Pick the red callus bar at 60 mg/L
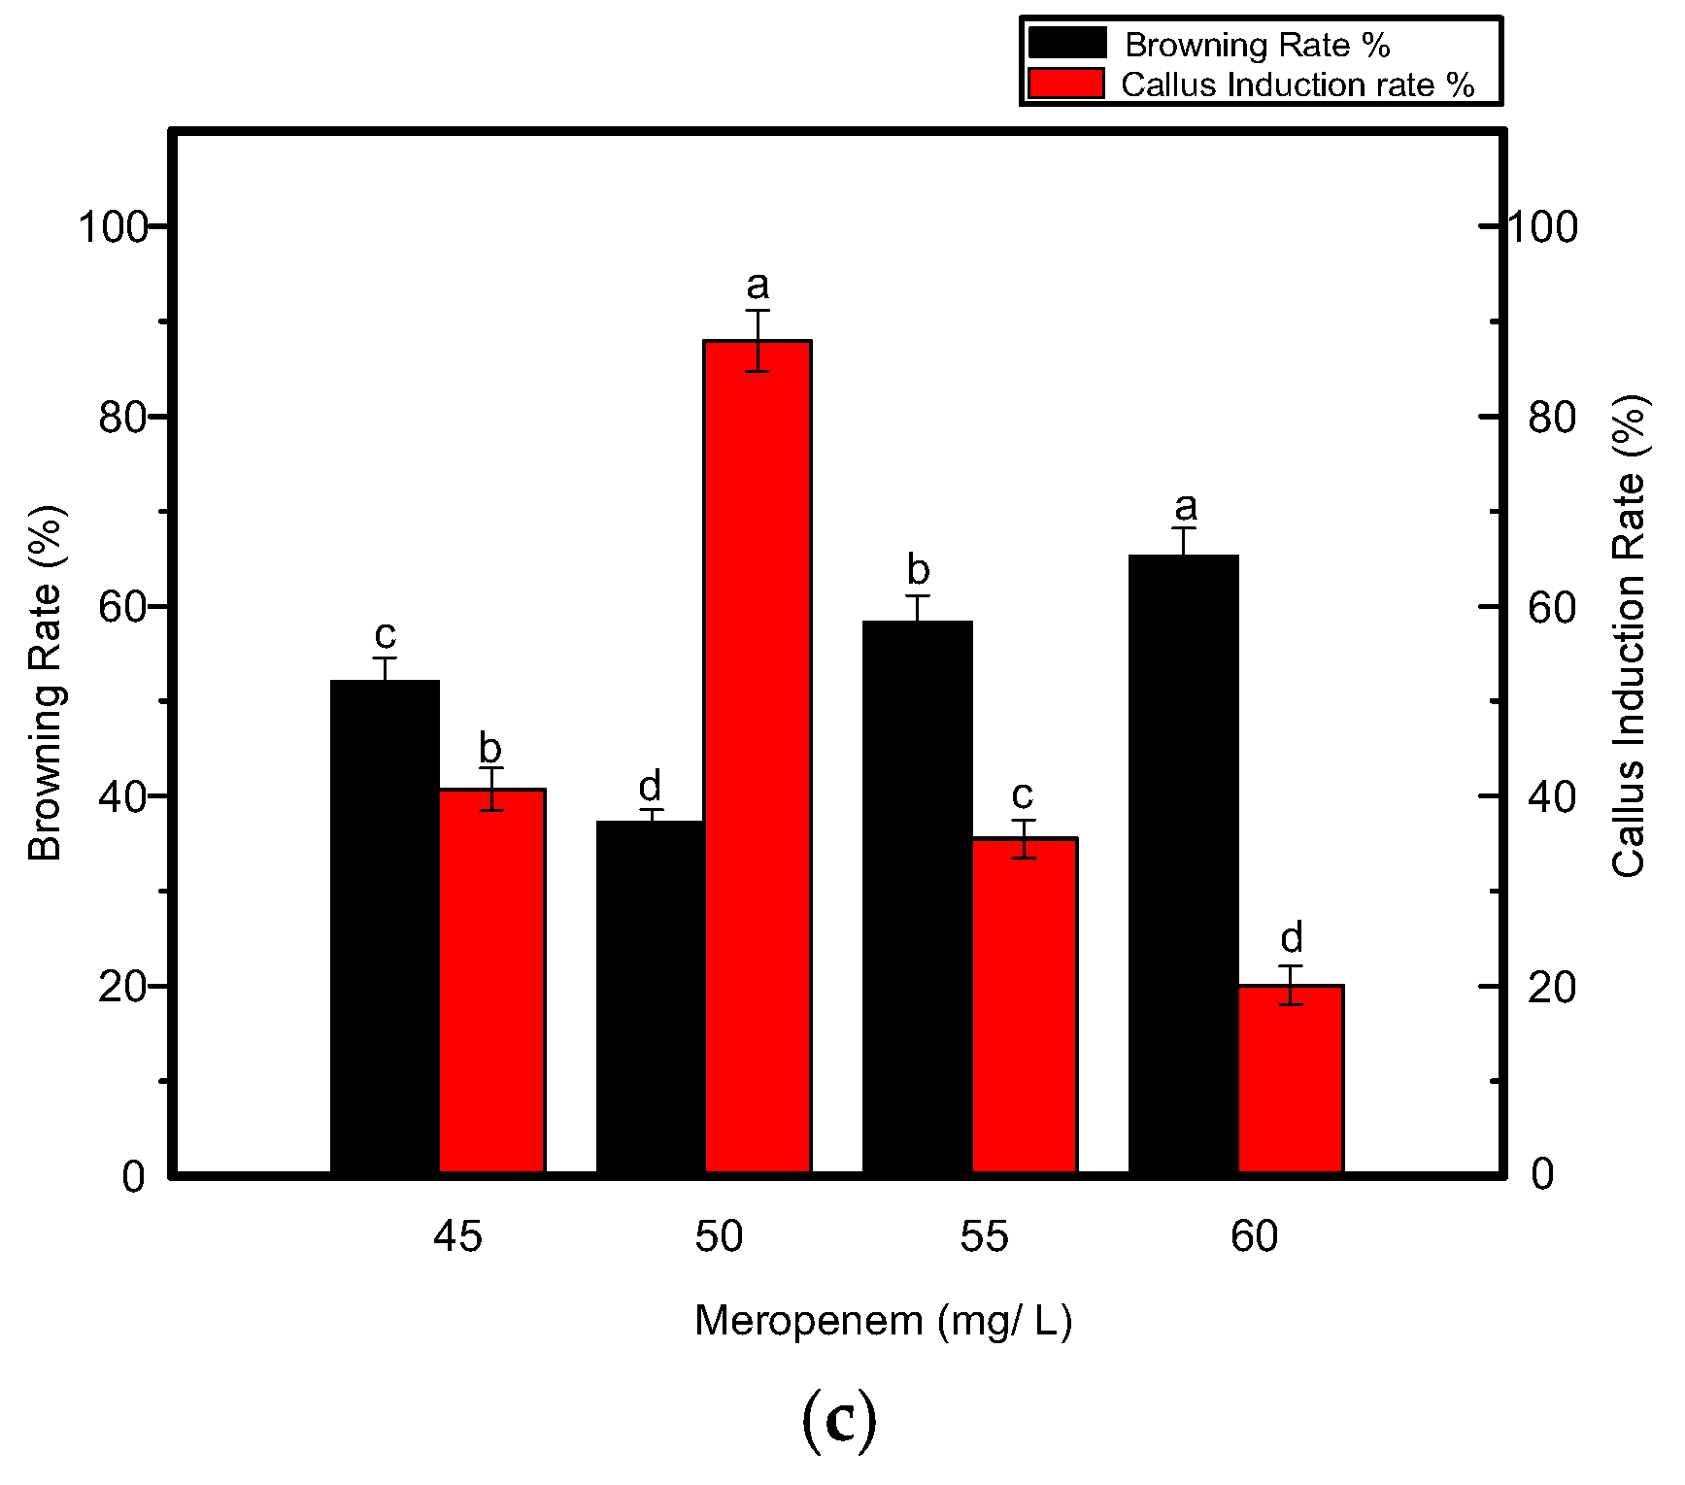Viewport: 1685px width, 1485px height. pos(1291,1078)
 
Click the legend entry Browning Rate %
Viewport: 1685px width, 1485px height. pos(1256,45)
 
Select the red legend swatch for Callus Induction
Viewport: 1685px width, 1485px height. pos(1065,84)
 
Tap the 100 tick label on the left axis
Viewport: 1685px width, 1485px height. pos(112,227)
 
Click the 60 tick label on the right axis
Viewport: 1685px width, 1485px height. pos(1551,608)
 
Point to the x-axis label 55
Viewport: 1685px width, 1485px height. pos(984,1237)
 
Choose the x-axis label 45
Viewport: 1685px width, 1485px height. pos(456,1237)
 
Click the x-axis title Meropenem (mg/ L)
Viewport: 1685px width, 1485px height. pos(883,1322)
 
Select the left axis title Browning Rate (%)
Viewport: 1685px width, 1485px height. pos(45,683)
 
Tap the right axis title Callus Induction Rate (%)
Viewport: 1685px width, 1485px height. pos(1629,636)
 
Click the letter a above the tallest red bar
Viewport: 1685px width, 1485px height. pos(758,286)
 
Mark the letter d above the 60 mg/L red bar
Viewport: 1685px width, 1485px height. pos(1291,938)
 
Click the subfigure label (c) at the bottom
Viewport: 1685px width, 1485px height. pos(839,1422)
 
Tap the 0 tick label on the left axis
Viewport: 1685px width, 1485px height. pos(133,1176)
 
